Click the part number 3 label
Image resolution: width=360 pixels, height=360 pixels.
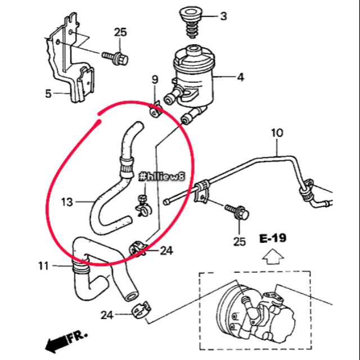tap(223, 16)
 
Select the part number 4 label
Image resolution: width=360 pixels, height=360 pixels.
tap(240, 77)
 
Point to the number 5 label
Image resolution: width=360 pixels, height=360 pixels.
tap(48, 93)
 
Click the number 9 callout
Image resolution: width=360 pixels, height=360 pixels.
tap(155, 87)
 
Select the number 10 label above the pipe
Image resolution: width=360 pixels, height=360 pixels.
tap(277, 133)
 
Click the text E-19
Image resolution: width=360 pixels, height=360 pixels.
tap(273, 238)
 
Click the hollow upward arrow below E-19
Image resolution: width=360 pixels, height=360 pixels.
tap(272, 257)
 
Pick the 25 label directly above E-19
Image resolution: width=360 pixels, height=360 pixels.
tap(240, 242)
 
